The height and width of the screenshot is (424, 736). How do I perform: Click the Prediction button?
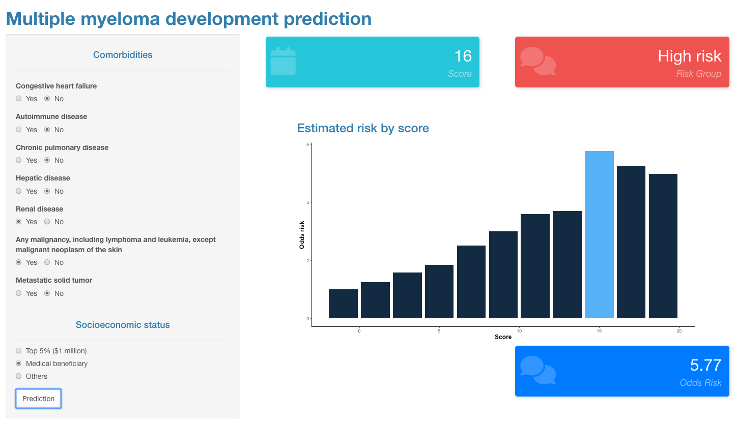pos(38,399)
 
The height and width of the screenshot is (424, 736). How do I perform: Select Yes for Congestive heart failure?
pos(19,99)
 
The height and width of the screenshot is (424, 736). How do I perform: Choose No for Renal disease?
pos(47,222)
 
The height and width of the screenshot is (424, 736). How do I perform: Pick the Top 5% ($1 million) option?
pos(19,351)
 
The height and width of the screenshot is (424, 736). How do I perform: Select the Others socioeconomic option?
pos(19,376)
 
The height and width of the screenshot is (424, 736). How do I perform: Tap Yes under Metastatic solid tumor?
pos(19,293)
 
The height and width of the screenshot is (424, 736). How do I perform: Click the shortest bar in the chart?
pos(343,304)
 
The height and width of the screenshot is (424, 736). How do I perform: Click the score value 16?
pos(463,56)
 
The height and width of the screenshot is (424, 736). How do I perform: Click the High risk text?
pos(689,56)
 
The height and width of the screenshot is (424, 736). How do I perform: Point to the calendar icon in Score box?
pos(283,62)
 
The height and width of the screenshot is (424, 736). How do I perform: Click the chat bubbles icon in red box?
pos(537,62)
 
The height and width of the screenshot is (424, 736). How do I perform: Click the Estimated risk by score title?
pos(363,128)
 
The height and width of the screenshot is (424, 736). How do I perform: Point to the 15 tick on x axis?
pos(599,331)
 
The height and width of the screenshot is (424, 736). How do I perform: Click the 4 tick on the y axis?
pos(307,202)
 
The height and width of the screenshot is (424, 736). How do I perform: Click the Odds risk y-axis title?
pos(302,234)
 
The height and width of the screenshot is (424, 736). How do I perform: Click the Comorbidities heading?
pos(122,55)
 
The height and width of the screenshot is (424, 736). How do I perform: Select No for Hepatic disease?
pos(47,191)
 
